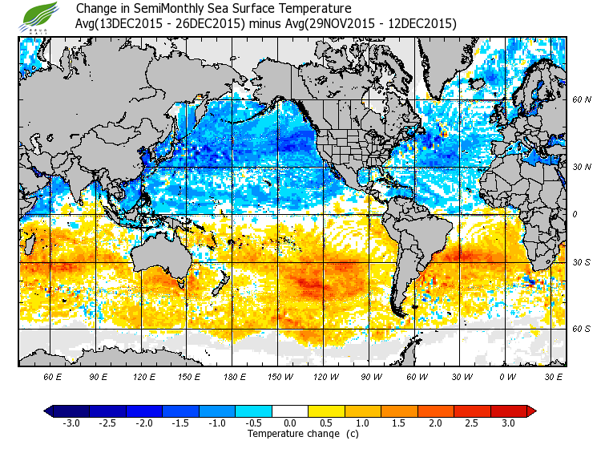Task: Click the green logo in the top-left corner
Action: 41,16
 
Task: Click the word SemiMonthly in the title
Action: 175,9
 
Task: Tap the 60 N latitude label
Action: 581,100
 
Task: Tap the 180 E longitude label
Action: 235,376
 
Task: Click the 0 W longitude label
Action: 506,376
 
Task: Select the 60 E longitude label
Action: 53,376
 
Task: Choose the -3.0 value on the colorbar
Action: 71,423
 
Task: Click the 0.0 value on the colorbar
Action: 290,423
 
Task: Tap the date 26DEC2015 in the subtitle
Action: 214,24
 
